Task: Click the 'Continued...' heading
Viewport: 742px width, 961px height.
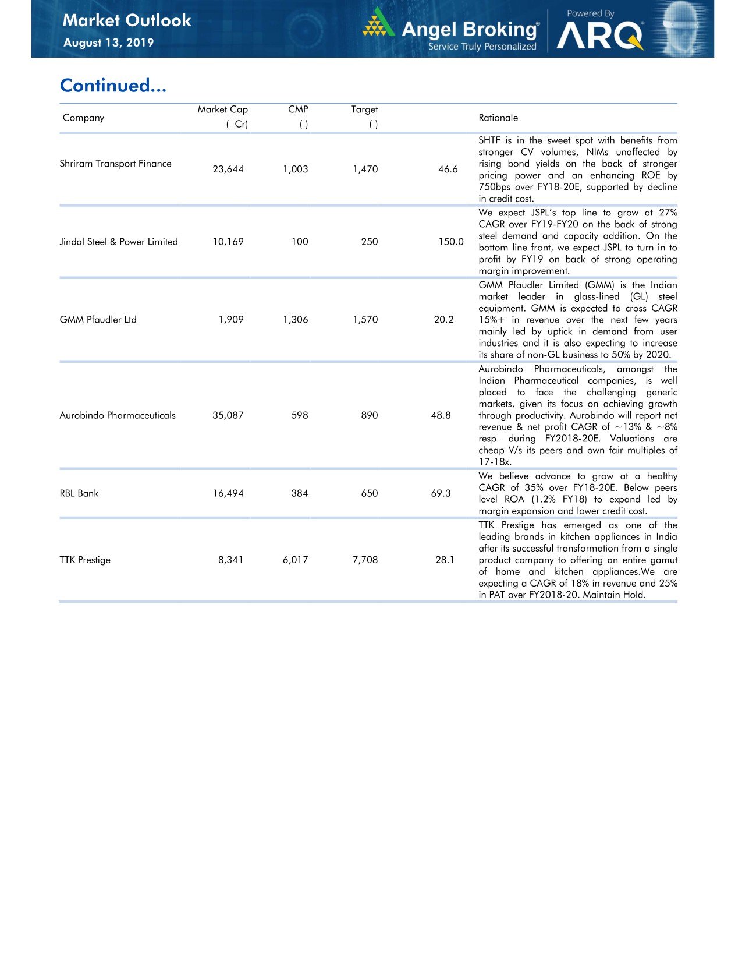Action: click(x=113, y=86)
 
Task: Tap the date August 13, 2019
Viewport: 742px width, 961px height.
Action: click(x=108, y=43)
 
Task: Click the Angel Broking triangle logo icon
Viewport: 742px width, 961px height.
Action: click(x=379, y=23)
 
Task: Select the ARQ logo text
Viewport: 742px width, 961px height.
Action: click(x=599, y=36)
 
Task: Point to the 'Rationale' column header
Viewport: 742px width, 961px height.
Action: click(x=498, y=118)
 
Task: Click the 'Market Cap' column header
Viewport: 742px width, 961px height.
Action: click(x=222, y=109)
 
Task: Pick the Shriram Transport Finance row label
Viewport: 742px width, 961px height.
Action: click(x=115, y=164)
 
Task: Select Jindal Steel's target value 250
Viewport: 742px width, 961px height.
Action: click(x=370, y=242)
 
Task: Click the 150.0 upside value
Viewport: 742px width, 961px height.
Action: click(x=451, y=242)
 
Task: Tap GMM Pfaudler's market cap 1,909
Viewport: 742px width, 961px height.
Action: click(x=231, y=320)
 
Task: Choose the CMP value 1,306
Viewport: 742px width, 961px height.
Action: click(x=296, y=320)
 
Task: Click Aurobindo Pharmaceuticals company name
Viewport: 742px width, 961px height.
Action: click(x=118, y=415)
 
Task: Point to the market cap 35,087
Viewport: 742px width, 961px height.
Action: click(x=228, y=415)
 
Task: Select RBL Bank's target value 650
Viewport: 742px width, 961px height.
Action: click(x=370, y=493)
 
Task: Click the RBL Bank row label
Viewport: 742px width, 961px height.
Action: click(x=79, y=493)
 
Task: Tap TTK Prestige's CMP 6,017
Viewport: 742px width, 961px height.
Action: click(x=296, y=560)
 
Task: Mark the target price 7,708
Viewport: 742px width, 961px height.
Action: click(x=365, y=560)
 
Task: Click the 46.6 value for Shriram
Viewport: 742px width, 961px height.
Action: click(x=448, y=169)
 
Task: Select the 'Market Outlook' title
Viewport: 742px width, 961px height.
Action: click(x=127, y=20)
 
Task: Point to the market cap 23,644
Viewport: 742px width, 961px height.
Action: click(x=228, y=169)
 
